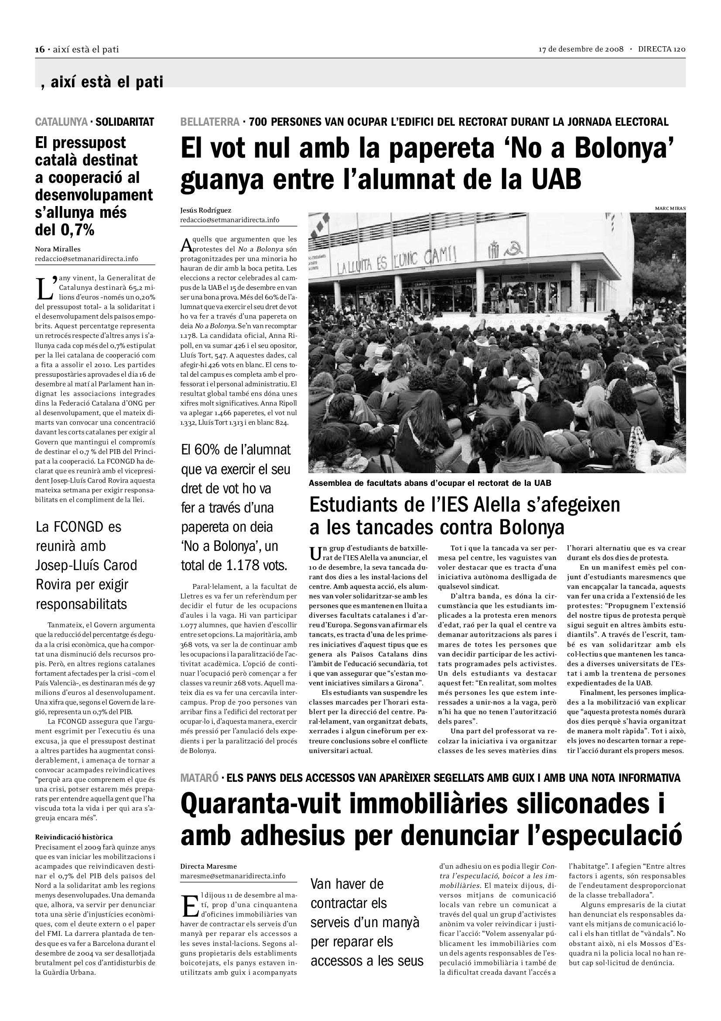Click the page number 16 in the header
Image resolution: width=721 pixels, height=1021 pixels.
point(40,49)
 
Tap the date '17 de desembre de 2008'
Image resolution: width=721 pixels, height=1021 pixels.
point(581,49)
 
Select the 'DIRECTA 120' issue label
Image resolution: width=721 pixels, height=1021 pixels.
point(662,49)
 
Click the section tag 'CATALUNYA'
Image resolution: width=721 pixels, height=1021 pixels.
point(62,122)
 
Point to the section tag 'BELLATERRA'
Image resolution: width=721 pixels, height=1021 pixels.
point(210,122)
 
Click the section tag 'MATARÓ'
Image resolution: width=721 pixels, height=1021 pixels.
point(199,778)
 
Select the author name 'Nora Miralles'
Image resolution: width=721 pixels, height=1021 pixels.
point(58,249)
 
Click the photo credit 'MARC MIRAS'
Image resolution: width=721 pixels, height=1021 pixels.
point(670,208)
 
